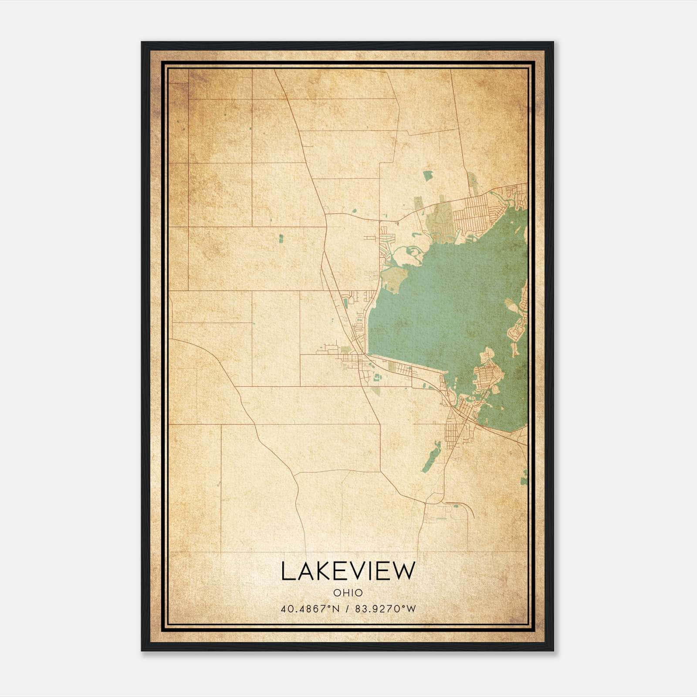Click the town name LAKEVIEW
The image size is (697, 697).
pyautogui.click(x=348, y=571)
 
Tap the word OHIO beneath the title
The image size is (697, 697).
pyautogui.click(x=348, y=593)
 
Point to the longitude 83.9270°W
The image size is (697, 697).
pyautogui.click(x=386, y=609)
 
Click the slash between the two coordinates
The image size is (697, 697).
pyautogui.click(x=347, y=609)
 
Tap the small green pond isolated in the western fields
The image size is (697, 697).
pyautogui.click(x=281, y=238)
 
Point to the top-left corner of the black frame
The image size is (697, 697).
pyautogui.click(x=142, y=43)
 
